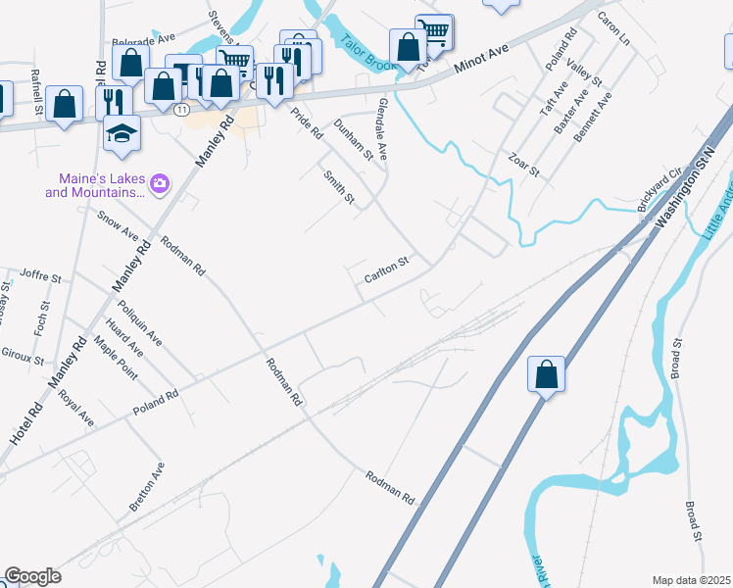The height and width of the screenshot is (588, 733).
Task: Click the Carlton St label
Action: [x=385, y=269]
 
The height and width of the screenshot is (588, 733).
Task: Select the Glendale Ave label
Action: [x=381, y=131]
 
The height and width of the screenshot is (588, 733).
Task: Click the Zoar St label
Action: [x=524, y=164]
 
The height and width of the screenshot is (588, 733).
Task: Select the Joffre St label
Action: [x=40, y=279]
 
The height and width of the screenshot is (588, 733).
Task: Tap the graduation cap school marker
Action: [x=122, y=133]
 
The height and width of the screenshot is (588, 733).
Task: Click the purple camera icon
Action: [x=160, y=182]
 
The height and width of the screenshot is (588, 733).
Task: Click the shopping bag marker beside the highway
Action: [x=546, y=373]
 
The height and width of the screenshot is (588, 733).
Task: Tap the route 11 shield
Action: [x=181, y=110]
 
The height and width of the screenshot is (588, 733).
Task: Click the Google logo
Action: [x=32, y=576]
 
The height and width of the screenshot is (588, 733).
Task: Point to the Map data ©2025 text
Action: [x=692, y=580]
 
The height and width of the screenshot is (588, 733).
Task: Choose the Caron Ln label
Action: [x=612, y=29]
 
